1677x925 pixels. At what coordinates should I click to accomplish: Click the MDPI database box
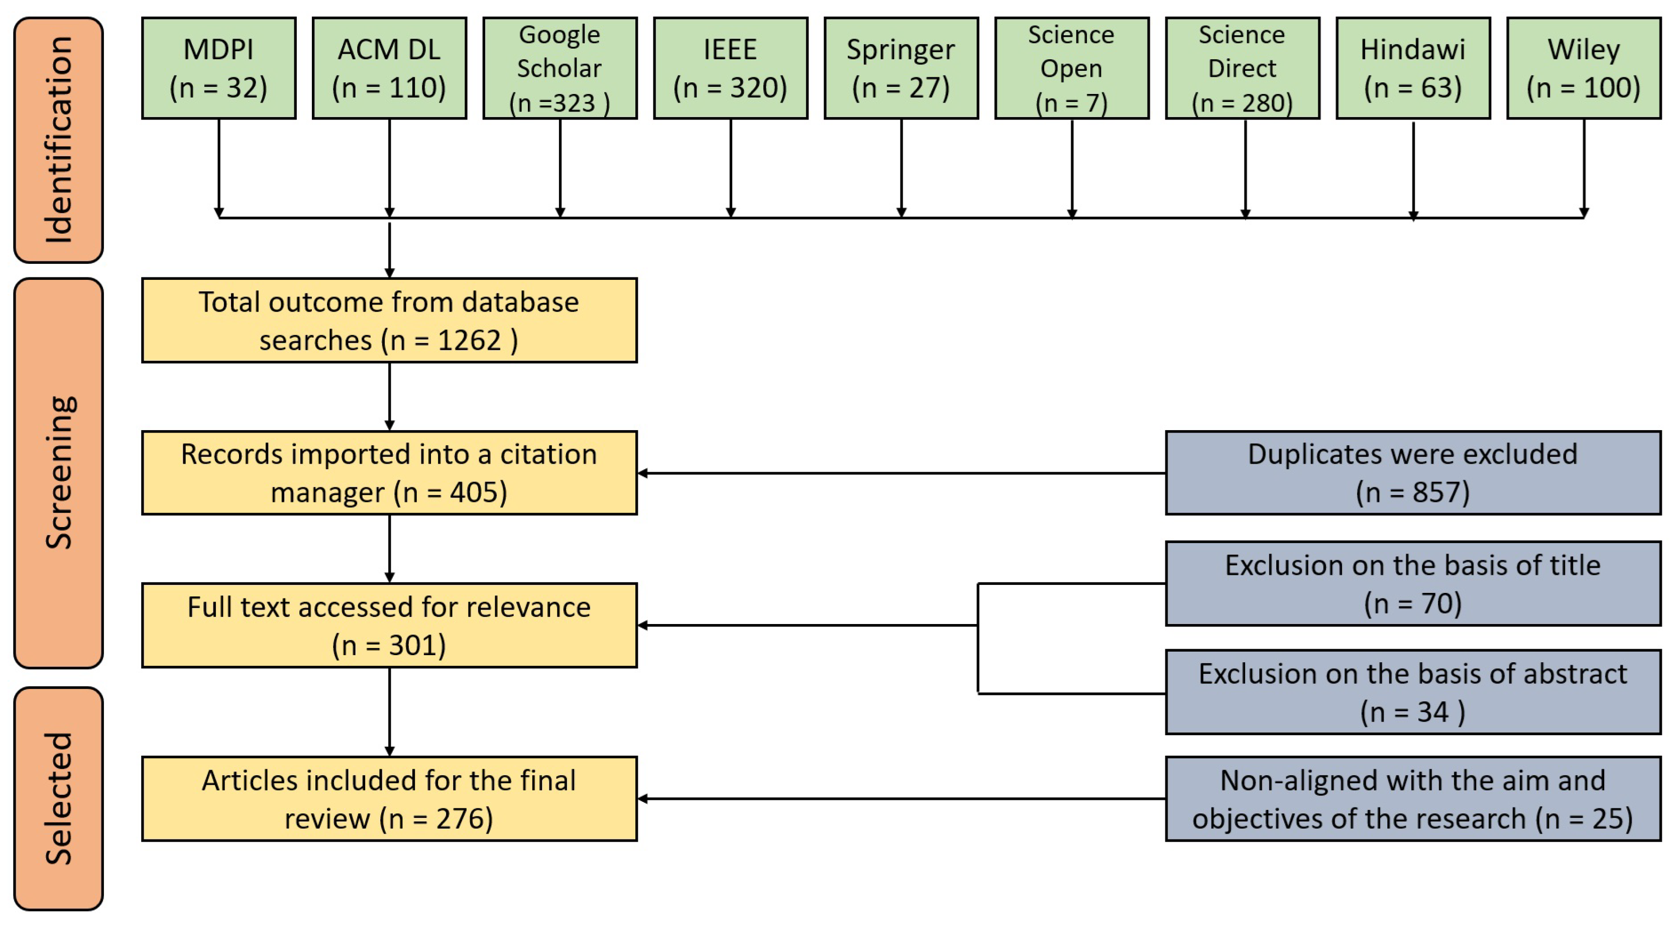(219, 68)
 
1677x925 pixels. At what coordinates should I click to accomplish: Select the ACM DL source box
(389, 68)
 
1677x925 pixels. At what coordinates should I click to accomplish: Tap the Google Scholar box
(560, 68)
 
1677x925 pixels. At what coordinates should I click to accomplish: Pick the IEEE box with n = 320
(730, 68)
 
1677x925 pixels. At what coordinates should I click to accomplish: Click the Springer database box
(901, 68)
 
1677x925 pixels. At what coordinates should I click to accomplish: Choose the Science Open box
(1072, 68)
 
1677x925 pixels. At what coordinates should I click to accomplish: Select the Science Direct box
(1242, 68)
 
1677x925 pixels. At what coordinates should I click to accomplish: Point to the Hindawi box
(1413, 68)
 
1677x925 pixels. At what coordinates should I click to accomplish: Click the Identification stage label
(59, 140)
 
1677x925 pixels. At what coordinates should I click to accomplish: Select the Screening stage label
(59, 473)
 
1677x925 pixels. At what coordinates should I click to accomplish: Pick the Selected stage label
(59, 798)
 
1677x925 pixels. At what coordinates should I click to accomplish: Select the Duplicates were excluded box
(1413, 473)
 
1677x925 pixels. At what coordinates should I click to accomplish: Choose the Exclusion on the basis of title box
(1413, 584)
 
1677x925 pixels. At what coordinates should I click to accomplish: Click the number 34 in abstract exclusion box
(1432, 712)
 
